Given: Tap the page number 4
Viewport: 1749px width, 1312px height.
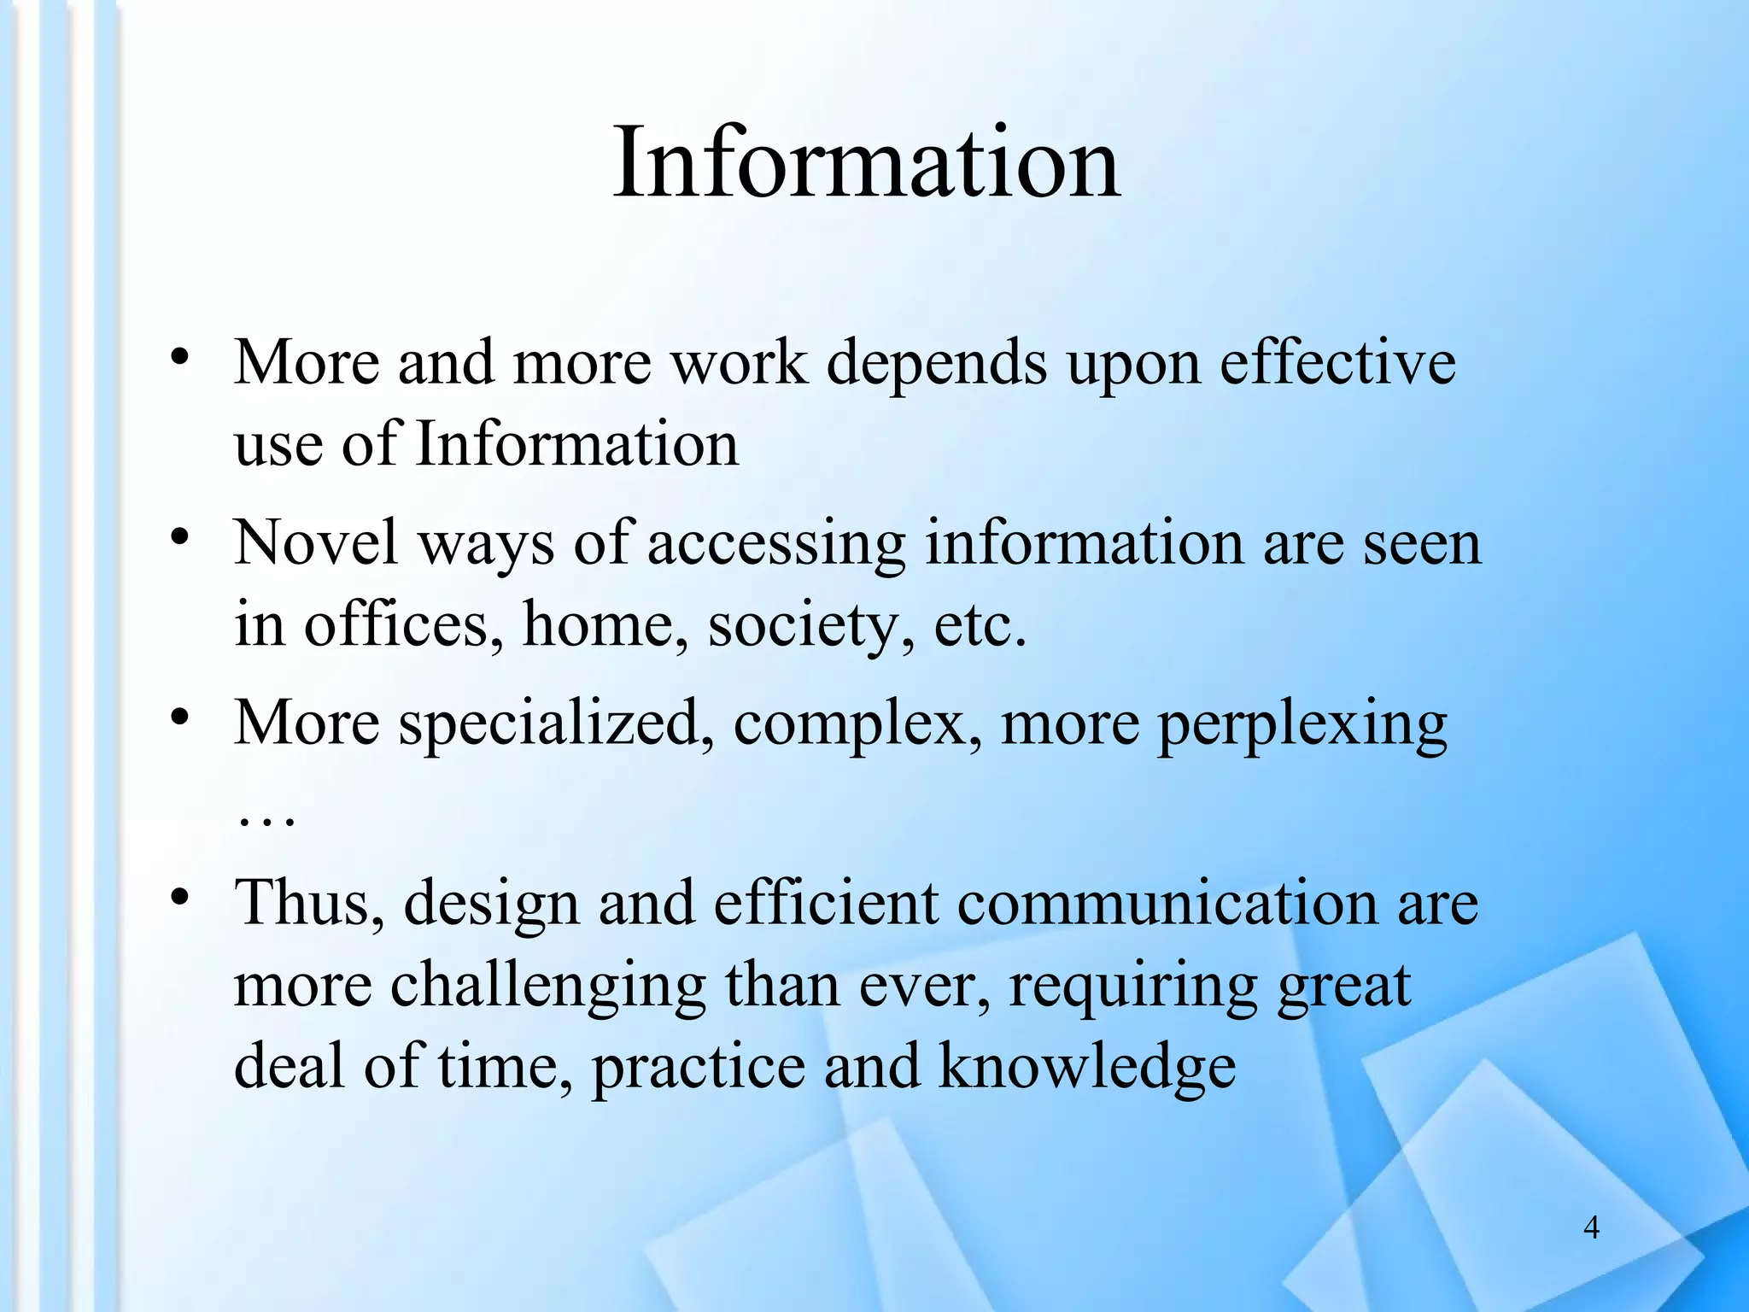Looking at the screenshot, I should (1591, 1227).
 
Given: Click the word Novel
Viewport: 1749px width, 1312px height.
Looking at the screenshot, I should (316, 543).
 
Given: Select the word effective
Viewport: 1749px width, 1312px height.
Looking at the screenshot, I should (1337, 363).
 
